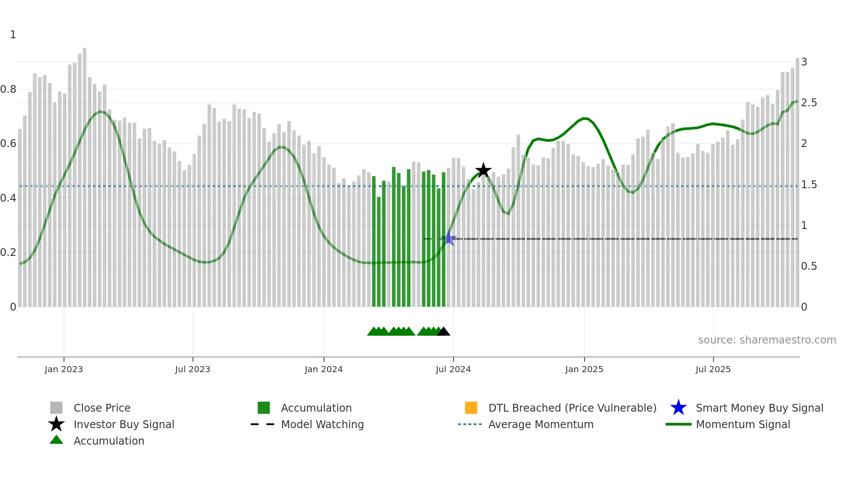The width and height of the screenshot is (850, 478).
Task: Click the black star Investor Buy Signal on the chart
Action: [483, 170]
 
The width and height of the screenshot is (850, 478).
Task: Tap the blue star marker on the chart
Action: [450, 239]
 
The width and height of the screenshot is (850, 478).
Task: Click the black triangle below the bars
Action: [443, 332]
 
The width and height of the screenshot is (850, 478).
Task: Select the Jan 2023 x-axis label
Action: [64, 370]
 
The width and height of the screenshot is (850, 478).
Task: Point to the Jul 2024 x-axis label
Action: [453, 370]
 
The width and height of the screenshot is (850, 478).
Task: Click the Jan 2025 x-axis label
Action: [584, 370]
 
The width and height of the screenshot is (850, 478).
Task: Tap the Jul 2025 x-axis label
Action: [713, 370]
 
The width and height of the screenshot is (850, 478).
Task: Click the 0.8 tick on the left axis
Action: [8, 89]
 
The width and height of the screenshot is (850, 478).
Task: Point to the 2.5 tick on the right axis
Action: [809, 103]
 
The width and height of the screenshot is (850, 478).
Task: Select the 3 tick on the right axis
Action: [804, 62]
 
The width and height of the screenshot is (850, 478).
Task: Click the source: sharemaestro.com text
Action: [767, 340]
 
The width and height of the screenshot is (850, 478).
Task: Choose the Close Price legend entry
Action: [102, 408]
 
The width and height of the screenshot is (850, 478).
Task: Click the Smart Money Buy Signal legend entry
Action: [759, 408]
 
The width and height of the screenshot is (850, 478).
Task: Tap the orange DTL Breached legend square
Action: [471, 408]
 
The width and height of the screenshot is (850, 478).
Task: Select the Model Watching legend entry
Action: [322, 425]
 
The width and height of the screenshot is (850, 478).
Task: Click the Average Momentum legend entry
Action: [541, 425]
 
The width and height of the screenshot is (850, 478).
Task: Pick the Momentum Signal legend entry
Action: [743, 425]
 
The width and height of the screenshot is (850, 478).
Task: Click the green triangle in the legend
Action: [56, 440]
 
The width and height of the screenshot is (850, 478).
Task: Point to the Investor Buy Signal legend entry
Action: [124, 425]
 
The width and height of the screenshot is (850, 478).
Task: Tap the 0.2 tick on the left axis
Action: [8, 252]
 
